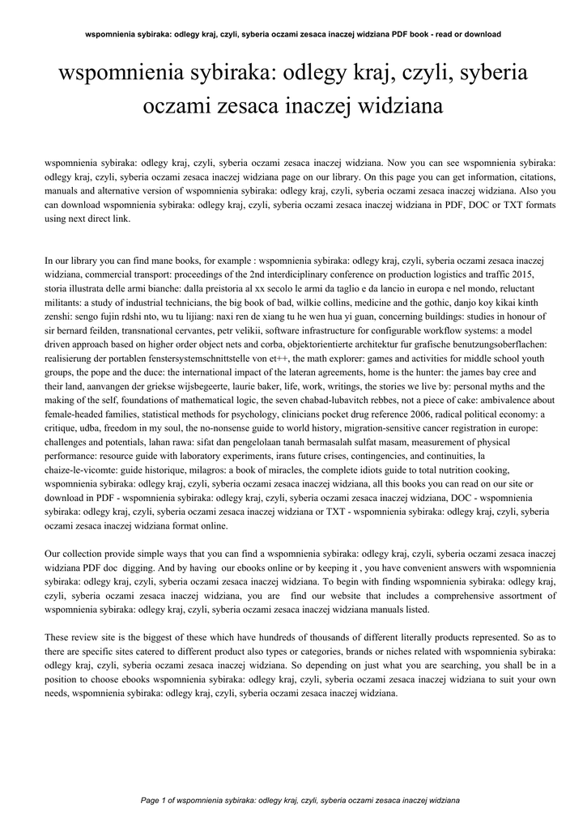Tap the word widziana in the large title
(x=393, y=106)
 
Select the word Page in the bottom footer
(x=151, y=800)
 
